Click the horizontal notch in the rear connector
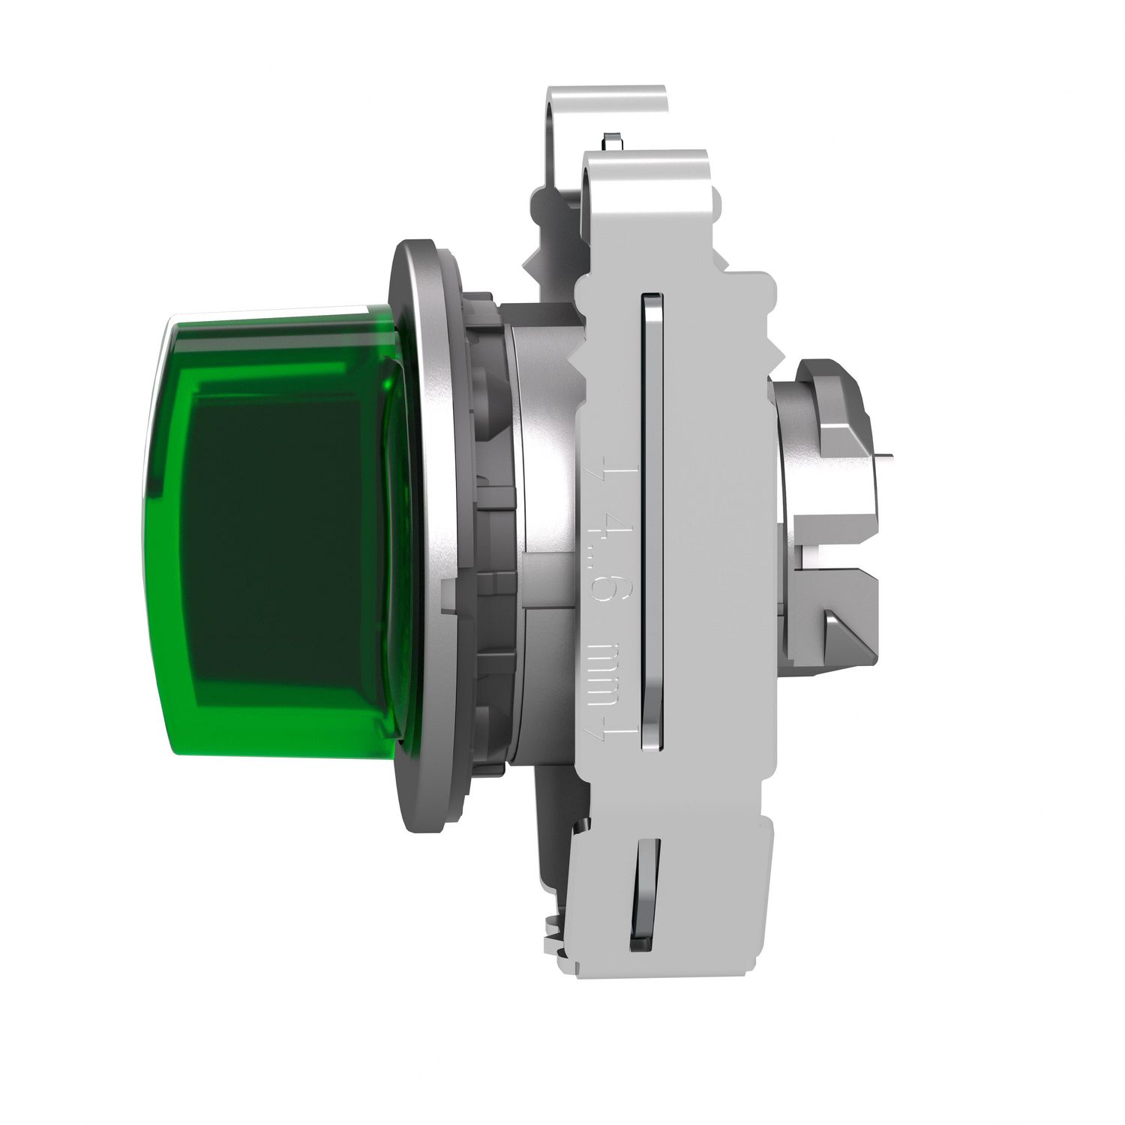point(832,547)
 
